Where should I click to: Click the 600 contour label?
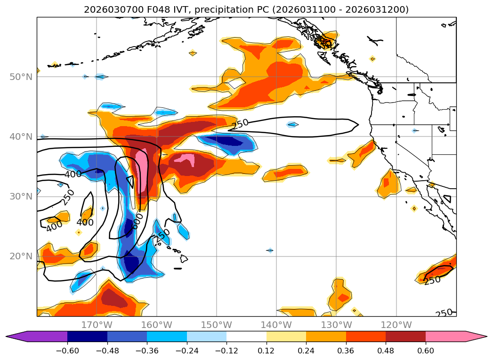tap(137, 221)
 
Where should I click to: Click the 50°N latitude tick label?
tap(21, 77)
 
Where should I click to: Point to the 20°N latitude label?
tap(21, 256)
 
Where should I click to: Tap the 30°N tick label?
tap(21, 196)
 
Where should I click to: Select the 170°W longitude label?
tap(97, 325)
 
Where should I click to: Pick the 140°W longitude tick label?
tap(276, 325)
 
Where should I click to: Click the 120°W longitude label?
tap(396, 325)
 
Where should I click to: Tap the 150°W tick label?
tap(217, 325)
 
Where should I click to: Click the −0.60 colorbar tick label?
tap(67, 350)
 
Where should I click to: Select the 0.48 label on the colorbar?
tap(386, 350)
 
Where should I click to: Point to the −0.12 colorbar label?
tap(226, 350)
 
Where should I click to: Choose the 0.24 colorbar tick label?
tap(306, 350)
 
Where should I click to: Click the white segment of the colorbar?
tap(246, 336)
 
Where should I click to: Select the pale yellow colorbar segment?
tap(286, 336)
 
